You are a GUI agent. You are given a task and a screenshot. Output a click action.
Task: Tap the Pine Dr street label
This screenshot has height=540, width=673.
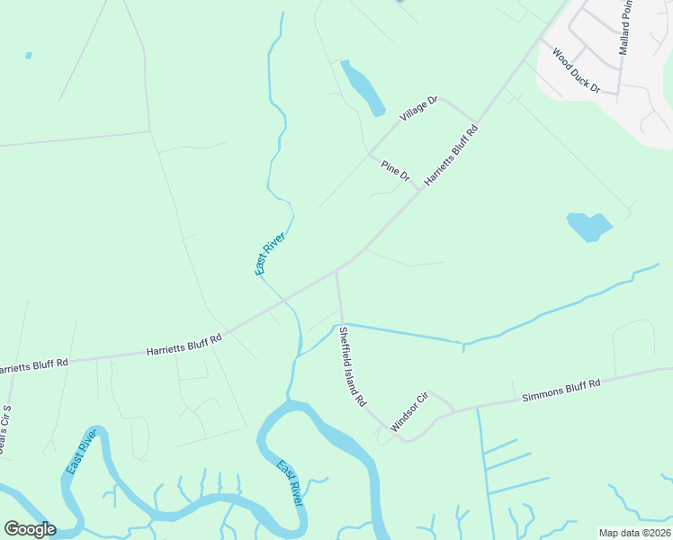pyautogui.click(x=395, y=170)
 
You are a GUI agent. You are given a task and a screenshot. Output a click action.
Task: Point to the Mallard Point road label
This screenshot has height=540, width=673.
pyautogui.click(x=627, y=27)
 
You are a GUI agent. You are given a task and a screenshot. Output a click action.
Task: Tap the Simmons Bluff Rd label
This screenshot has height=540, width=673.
pyautogui.click(x=561, y=391)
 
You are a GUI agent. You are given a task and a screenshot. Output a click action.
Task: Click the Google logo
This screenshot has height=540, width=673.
pyautogui.click(x=29, y=528)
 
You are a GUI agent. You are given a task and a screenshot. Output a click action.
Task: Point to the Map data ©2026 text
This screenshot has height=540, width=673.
pyautogui.click(x=634, y=533)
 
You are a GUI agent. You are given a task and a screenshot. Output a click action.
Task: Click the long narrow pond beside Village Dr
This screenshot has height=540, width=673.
pyautogui.click(x=363, y=87)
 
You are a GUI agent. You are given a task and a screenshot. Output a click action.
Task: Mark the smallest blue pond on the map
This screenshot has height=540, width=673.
pyautogui.click(x=29, y=56)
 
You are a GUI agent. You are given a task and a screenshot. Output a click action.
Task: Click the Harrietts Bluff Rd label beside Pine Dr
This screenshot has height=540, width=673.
pyautogui.click(x=450, y=155)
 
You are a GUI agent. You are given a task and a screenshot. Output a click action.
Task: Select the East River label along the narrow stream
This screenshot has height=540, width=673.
pyautogui.click(x=269, y=253)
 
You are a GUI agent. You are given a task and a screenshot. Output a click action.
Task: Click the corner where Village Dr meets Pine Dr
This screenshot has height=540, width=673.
pyautogui.click(x=369, y=154)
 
